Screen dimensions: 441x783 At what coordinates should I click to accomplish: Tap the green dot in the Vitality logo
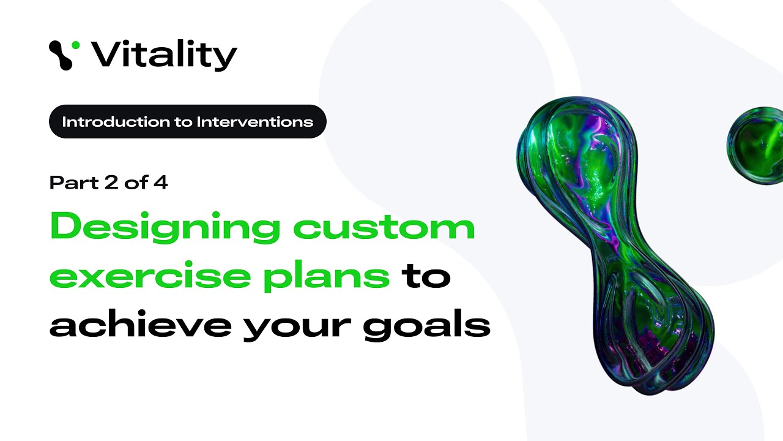click(75, 45)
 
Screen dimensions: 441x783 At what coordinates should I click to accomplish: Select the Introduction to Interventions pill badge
click(187, 121)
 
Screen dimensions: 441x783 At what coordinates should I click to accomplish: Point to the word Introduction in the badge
click(117, 121)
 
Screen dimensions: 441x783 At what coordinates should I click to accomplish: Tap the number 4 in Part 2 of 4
click(160, 183)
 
